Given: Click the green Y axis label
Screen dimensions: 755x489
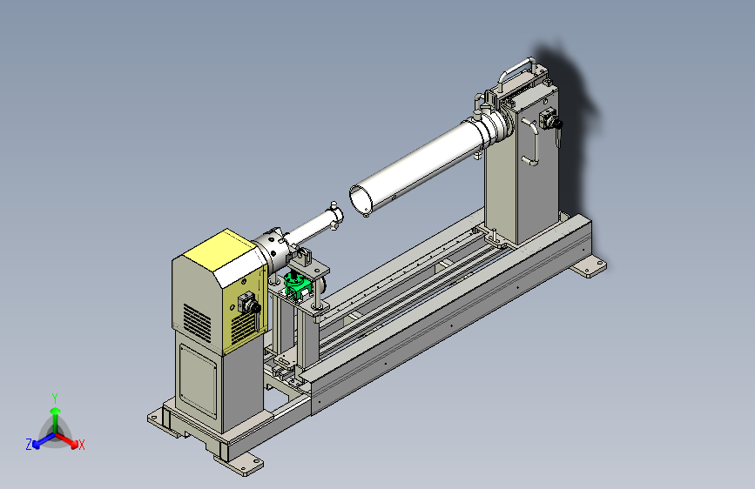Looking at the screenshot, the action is [x=55, y=399].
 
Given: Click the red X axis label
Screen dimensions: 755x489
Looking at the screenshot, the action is [x=81, y=445].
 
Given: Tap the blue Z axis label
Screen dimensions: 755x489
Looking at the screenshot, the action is [x=29, y=445].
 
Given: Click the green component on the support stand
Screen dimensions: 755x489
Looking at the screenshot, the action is [x=296, y=285].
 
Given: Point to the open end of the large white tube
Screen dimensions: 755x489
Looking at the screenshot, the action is [x=361, y=198].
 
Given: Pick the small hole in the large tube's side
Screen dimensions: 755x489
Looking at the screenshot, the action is [x=394, y=197].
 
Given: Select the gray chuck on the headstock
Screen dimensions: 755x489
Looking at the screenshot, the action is [x=273, y=250].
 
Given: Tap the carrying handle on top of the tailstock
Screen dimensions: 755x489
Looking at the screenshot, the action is [x=516, y=66].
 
